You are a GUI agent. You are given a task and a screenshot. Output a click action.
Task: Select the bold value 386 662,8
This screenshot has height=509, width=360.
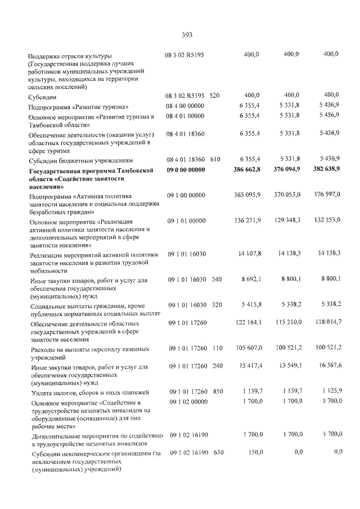(x=246, y=169)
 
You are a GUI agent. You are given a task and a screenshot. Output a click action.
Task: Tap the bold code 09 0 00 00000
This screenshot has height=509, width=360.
(x=185, y=169)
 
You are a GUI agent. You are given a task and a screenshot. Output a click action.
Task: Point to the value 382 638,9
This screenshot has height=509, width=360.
(x=323, y=169)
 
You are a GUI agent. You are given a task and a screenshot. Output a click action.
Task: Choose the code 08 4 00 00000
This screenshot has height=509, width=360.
(x=185, y=106)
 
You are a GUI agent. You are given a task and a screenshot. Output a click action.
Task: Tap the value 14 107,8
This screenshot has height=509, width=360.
(x=249, y=254)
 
